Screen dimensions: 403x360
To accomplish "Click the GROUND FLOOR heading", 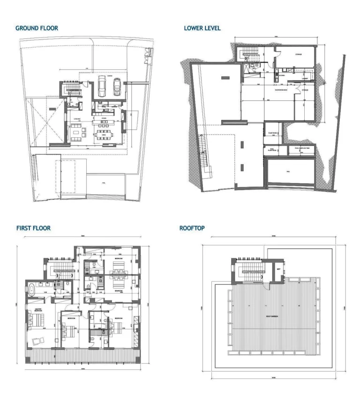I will (37, 28).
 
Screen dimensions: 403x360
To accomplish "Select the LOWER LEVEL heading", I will (202, 28).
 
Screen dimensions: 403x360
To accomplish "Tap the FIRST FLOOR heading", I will (33, 228).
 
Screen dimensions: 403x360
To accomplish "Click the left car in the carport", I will (102, 86).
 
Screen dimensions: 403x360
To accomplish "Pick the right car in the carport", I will (117, 86).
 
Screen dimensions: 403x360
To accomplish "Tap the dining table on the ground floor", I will (104, 136).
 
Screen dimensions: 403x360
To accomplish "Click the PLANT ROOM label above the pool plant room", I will (271, 133).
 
